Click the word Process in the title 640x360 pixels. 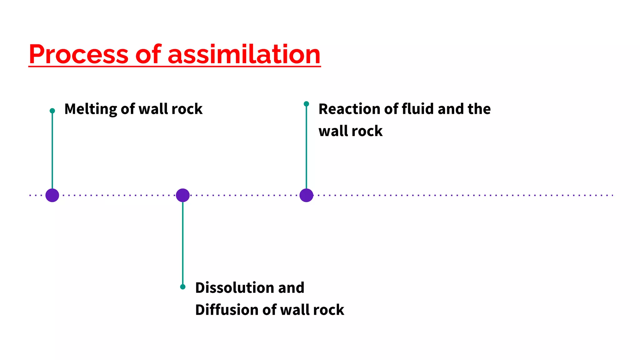coord(78,54)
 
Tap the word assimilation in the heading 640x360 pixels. coord(244,54)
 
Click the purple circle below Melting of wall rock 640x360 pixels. coord(52,195)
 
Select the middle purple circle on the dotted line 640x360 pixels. coord(183,195)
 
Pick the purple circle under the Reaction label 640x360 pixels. coord(306,195)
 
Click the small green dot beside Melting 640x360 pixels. coord(52,111)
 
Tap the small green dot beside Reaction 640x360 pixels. coord(306,104)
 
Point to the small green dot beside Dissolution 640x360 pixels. coord(183,287)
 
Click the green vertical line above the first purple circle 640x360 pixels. coord(52,150)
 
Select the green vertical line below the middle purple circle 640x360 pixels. coord(183,244)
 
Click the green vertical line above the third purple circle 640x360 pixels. coord(306,147)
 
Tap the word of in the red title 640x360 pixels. coord(148,54)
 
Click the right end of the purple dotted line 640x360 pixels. coord(612,195)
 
